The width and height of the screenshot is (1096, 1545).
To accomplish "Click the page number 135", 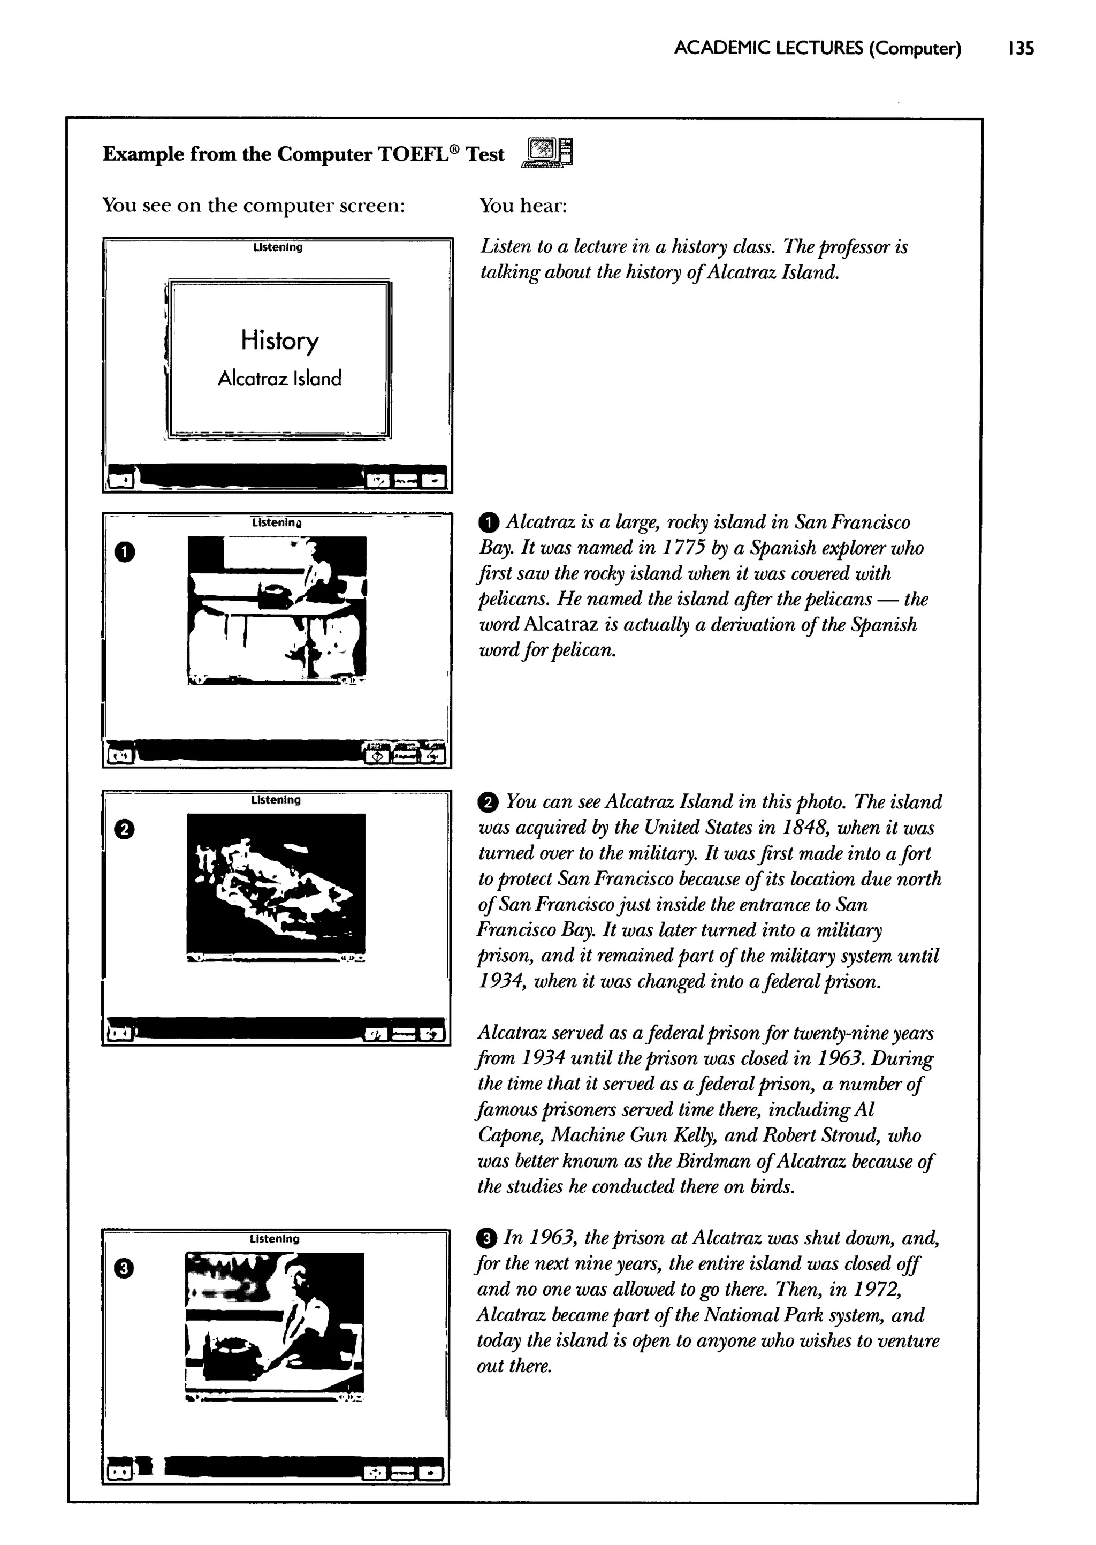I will (1019, 49).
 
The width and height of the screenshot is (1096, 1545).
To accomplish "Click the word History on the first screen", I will (279, 341).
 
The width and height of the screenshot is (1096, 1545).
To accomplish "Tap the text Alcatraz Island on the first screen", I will (279, 378).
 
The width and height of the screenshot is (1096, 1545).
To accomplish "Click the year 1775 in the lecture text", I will (678, 548).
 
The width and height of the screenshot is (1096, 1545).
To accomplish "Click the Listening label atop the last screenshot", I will (275, 1239).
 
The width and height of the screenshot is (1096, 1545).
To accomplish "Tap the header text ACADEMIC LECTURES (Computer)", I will (817, 49).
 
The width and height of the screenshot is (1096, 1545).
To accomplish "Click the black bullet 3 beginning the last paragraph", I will (486, 1239).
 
